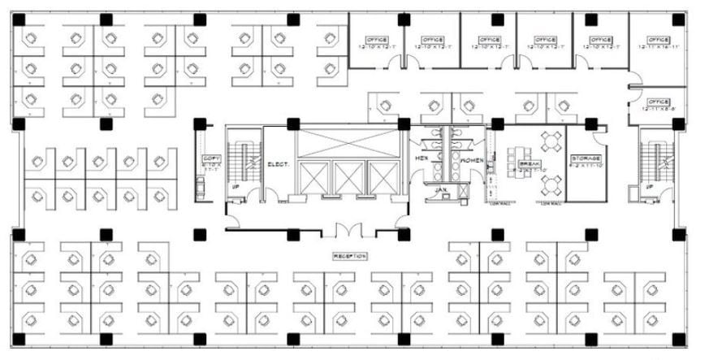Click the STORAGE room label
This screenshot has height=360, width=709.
586,158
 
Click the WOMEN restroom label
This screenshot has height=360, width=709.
472,161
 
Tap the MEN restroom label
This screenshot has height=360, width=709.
422,158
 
